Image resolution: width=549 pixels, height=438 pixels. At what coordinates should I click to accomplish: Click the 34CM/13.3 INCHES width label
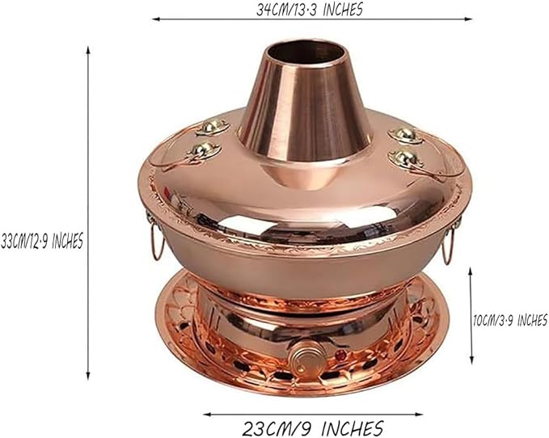(x=310, y=10)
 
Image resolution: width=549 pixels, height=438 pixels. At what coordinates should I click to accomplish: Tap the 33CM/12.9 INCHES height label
(x=41, y=241)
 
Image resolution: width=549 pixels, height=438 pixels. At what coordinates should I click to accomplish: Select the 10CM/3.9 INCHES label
(x=509, y=321)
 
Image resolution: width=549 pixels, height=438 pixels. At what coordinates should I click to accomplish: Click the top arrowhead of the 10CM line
(x=471, y=272)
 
